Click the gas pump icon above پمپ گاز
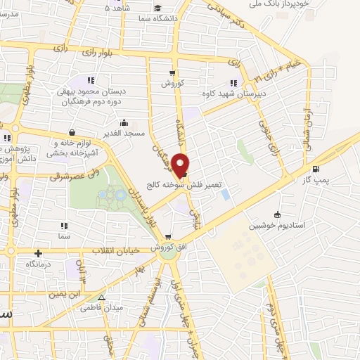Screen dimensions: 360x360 [x=316, y=169]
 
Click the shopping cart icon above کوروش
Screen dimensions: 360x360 [x=172, y=72]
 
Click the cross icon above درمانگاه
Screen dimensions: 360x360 [x=38, y=253]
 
